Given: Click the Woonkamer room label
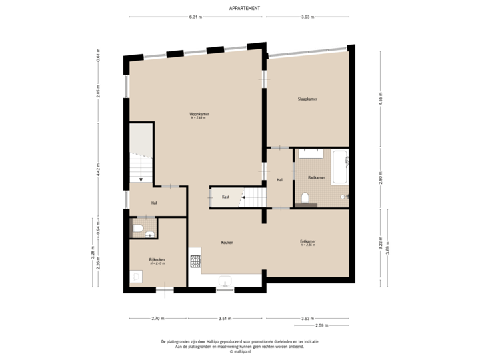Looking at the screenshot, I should click(199, 115).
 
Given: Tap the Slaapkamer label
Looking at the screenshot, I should click(307, 99).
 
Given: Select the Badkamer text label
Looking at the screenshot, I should click(317, 177).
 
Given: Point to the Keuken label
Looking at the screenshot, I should click(228, 243).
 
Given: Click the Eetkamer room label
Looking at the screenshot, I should click(307, 242).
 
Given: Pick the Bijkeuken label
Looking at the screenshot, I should click(157, 259).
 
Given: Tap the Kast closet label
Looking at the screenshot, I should click(226, 197).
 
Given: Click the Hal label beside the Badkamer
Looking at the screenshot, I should click(280, 179).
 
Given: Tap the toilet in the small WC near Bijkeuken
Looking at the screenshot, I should click(138, 230).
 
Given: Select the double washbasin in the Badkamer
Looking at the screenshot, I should click(311, 153).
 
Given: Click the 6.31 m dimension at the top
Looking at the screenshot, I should click(195, 17).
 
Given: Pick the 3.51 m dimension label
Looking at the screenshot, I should click(225, 319).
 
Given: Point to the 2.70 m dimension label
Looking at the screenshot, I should click(157, 319).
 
